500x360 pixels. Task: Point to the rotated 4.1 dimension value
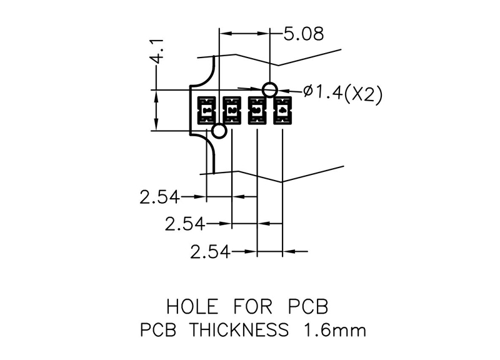click(x=156, y=50)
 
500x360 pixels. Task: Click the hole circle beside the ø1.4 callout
click(x=270, y=89)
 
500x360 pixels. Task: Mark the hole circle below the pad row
click(x=219, y=131)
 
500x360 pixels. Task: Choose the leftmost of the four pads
click(x=206, y=110)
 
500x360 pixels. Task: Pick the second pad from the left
click(x=232, y=110)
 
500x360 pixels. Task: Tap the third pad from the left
click(x=257, y=110)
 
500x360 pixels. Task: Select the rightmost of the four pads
click(x=282, y=110)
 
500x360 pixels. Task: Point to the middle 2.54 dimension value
click(x=185, y=224)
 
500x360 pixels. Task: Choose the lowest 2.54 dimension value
click(x=210, y=252)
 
